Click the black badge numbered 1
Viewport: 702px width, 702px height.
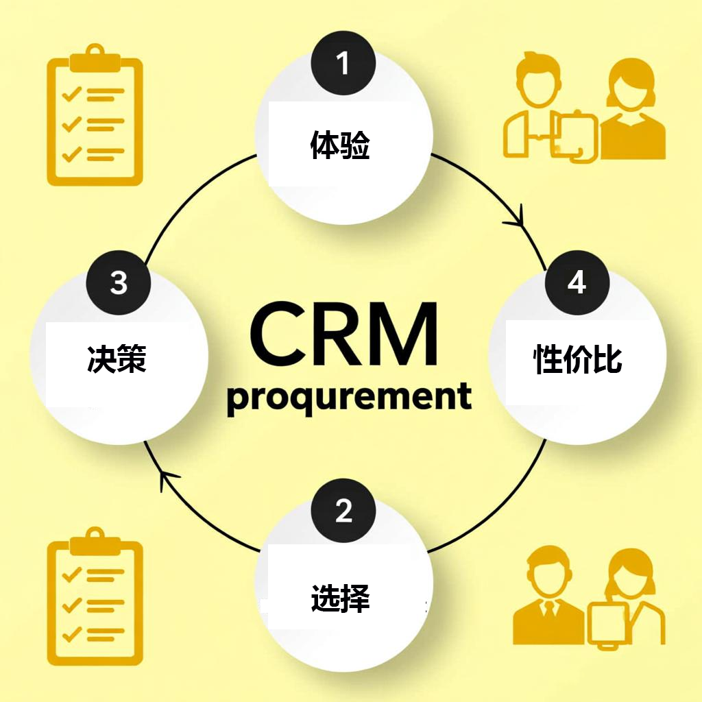(343, 64)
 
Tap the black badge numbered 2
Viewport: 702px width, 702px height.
(343, 510)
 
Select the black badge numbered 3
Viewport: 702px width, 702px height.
(119, 282)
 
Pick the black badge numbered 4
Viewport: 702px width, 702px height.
(577, 282)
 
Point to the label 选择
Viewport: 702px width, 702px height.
(341, 598)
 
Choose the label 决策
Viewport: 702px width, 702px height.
(117, 359)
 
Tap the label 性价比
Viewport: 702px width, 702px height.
(578, 359)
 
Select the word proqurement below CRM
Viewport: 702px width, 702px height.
(349, 398)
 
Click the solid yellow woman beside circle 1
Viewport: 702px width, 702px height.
(632, 110)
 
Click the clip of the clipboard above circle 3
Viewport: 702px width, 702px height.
(95, 60)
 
